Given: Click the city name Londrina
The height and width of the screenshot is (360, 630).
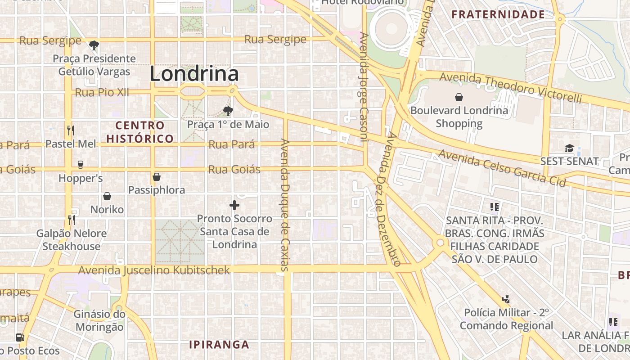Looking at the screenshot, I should point(194,74).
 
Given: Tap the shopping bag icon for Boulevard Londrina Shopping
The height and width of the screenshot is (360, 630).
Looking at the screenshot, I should point(459,97).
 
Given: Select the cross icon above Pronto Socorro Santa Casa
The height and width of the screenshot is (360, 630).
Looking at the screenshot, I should point(234,206).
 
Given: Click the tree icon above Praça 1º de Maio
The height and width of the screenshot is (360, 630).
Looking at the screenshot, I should point(228,111).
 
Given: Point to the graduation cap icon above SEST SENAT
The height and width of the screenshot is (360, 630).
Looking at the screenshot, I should point(569,148).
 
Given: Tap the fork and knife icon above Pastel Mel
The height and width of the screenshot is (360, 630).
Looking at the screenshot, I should point(70,130).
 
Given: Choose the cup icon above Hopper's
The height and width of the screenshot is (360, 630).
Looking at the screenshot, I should point(81,165).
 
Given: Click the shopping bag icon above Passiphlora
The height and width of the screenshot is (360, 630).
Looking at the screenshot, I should point(157,177).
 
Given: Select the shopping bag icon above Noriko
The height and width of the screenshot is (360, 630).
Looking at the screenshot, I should point(107,196).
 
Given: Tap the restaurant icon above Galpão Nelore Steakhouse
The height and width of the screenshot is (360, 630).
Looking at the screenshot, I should point(71,220).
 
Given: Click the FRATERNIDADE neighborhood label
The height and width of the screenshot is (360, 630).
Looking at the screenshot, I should point(498,14).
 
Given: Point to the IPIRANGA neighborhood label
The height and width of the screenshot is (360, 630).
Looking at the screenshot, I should point(219,345).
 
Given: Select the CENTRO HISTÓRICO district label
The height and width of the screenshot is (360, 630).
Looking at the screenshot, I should point(140,132).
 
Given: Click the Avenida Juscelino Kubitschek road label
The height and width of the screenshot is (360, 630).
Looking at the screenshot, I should point(154,270).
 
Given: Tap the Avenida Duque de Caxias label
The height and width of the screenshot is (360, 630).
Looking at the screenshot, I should point(285,205).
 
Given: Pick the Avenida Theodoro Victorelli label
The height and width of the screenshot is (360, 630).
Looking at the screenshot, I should point(510,87).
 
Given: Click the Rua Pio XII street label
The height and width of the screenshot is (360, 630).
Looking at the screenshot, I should point(102,92).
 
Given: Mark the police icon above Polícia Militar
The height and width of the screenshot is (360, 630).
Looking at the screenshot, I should point(506,299).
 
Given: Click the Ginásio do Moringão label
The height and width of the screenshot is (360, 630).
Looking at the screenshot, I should point(99,320).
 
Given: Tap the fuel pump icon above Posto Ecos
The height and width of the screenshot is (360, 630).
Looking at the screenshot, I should point(20,337).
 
